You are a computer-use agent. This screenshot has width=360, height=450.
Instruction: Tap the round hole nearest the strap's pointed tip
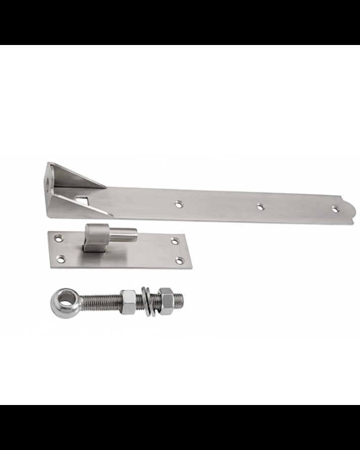[334, 208]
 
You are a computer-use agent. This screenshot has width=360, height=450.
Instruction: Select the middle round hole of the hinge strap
[260, 206]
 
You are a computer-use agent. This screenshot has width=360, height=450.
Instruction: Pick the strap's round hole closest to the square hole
[178, 204]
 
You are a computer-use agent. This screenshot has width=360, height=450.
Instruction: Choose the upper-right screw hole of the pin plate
[174, 241]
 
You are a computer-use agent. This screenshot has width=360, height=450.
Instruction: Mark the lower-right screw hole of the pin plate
[179, 261]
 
